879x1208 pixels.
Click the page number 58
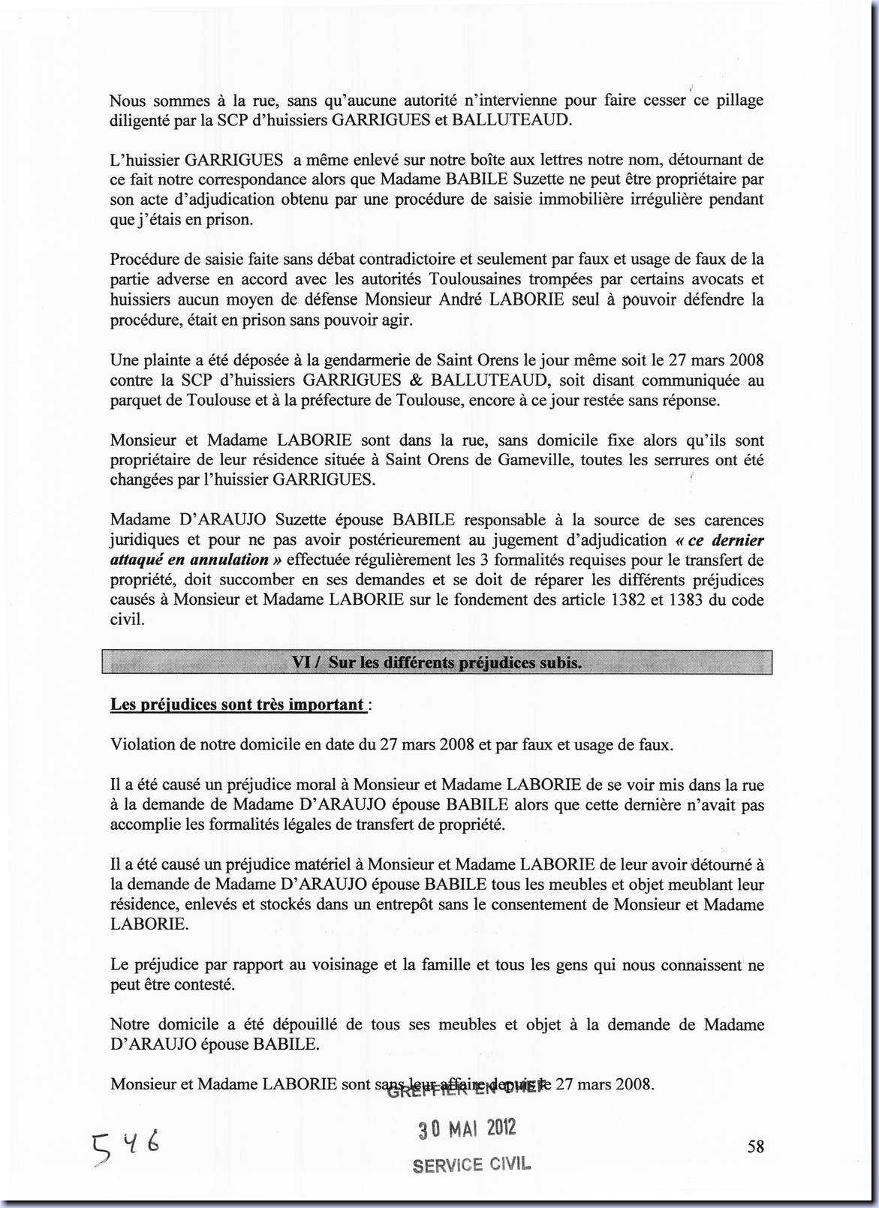pos(756,1146)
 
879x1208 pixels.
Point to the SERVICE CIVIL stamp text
pos(471,1164)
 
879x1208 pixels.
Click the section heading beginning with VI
pos(436,663)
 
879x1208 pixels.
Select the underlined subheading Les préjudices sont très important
pos(237,705)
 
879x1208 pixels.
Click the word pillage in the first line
pos(739,101)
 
